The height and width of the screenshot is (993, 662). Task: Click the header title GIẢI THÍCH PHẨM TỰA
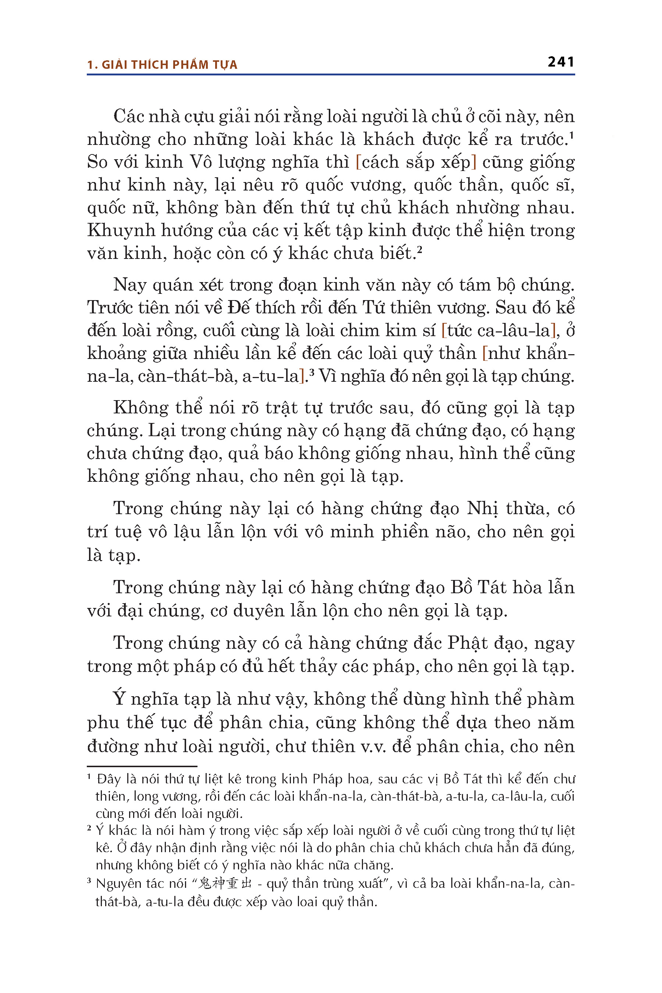pos(169,65)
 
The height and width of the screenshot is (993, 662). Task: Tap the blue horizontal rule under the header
pos(331,75)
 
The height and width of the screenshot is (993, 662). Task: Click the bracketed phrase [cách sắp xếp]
pos(416,162)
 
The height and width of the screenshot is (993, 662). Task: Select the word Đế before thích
pos(239,307)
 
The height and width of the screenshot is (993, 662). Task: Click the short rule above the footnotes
pos(142,766)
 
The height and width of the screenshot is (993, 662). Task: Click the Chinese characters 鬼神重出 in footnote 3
pos(225,884)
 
